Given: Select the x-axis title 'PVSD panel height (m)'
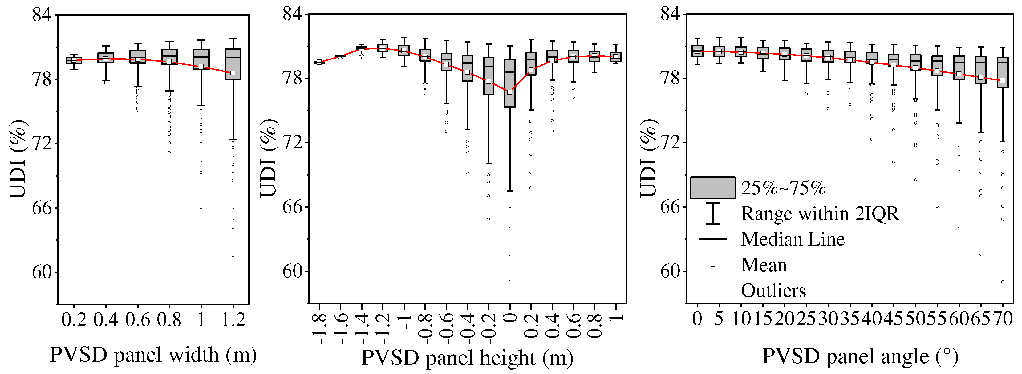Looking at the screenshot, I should pyautogui.click(x=467, y=358).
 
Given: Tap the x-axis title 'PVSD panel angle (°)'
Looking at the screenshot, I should pyautogui.click(x=860, y=356).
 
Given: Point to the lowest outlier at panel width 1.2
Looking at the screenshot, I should pyautogui.click(x=233, y=283).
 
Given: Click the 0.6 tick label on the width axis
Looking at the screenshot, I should pyautogui.click(x=137, y=320).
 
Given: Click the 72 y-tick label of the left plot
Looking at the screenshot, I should pyautogui.click(x=42, y=144).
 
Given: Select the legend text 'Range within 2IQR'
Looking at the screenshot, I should pyautogui.click(x=820, y=213).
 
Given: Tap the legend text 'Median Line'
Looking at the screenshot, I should pyautogui.click(x=793, y=239).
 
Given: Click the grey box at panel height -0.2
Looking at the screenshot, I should pyautogui.click(x=489, y=75).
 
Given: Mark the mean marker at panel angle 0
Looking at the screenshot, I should pyautogui.click(x=697, y=51).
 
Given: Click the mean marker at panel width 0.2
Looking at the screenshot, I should pyautogui.click(x=74, y=60).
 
